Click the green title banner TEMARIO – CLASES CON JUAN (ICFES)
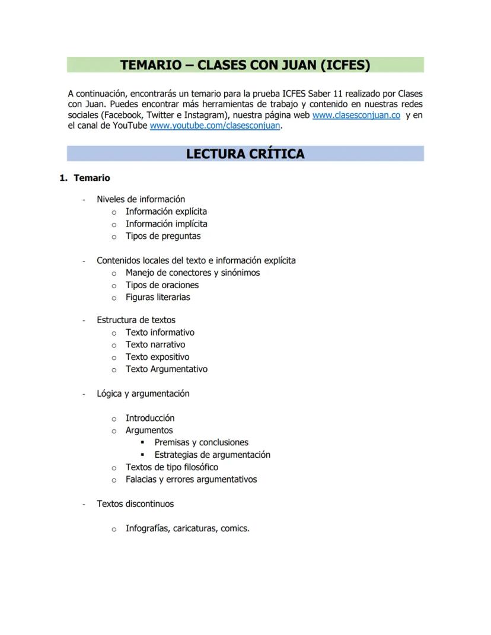pos(245,65)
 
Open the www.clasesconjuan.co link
pos(356,115)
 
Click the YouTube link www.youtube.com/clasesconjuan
pos(215,126)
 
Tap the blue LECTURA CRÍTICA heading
pos(245,154)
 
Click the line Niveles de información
pos(141,199)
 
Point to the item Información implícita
pos(166,224)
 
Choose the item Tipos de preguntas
pos(163,236)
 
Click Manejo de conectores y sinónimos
pos(192,273)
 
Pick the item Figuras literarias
pos(158,297)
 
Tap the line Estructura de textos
pos(136,320)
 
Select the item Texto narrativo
pos(155,344)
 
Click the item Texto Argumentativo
pos(166,369)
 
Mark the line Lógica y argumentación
pos(143,394)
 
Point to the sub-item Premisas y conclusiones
pos(201,442)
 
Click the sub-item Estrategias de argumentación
pos(212,455)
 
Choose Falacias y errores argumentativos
pos(191,479)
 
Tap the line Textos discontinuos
pos(135,504)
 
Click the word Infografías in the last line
pos(146,528)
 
